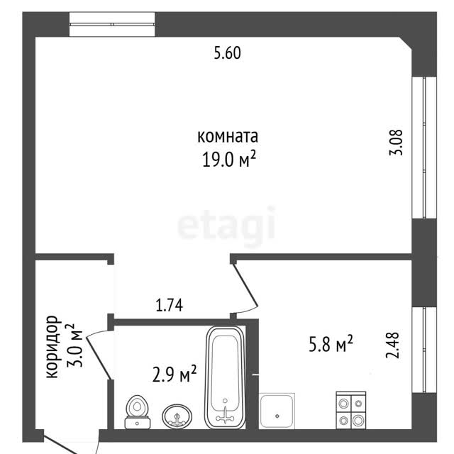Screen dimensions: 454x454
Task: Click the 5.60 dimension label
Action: [227, 53]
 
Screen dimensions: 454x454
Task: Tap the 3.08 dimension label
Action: [396, 143]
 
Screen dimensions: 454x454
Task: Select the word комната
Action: [228, 136]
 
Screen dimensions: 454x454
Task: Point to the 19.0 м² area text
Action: [228, 159]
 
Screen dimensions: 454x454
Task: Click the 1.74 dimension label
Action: [169, 305]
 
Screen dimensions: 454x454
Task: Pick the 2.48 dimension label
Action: [392, 345]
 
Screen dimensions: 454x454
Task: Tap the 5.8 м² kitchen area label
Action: [331, 343]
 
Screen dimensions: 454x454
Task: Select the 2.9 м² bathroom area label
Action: [175, 374]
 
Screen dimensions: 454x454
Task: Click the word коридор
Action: [52, 347]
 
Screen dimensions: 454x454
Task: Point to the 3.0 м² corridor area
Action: [74, 345]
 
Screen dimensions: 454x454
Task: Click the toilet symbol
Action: [137, 411]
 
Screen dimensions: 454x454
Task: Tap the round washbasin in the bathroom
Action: [177, 416]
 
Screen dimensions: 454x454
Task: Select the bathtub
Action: [225, 377]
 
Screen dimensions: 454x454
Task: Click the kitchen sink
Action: [277, 411]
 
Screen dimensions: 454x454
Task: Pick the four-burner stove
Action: [351, 410]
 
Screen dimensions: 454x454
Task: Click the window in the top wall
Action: [112, 24]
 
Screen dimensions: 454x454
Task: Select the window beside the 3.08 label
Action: [424, 148]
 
